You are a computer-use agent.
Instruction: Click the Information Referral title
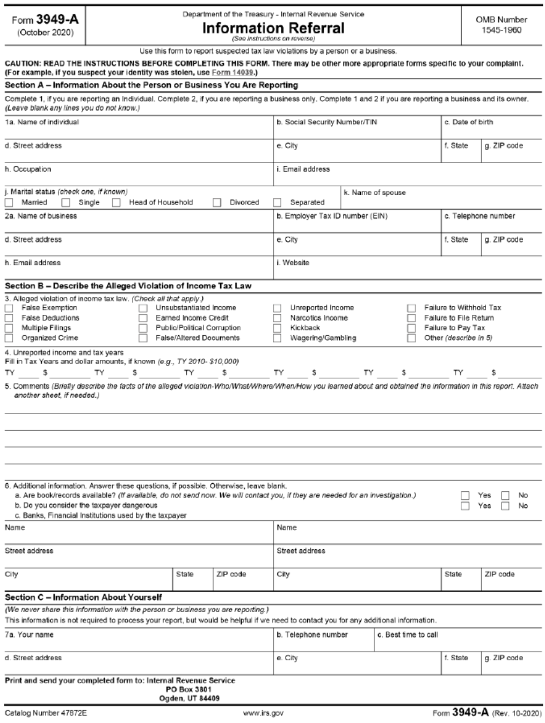tap(273, 28)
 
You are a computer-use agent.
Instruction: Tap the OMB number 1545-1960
tap(501, 30)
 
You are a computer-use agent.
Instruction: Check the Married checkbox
tap(9, 203)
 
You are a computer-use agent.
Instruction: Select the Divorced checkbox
tap(217, 203)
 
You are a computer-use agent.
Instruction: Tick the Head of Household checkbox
tap(116, 203)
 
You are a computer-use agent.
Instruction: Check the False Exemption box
tap(9, 308)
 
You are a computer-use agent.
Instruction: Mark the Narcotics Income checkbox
tap(277, 318)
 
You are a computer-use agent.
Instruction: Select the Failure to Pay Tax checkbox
tap(411, 328)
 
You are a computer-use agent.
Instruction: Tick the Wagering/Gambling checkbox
tap(277, 338)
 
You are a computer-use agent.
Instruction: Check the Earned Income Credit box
tap(143, 318)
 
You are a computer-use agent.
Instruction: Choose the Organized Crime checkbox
tap(9, 338)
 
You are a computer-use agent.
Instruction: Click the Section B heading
tap(128, 286)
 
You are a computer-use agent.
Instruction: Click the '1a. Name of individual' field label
tap(42, 122)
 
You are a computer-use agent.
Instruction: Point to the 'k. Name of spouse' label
tap(375, 193)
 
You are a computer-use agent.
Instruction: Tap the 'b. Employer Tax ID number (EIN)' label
tap(332, 216)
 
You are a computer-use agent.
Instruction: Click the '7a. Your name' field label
tap(29, 635)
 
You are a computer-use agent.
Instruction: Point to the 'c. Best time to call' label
tap(408, 635)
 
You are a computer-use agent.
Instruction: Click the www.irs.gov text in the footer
tap(263, 713)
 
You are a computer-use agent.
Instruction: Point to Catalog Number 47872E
tap(46, 713)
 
